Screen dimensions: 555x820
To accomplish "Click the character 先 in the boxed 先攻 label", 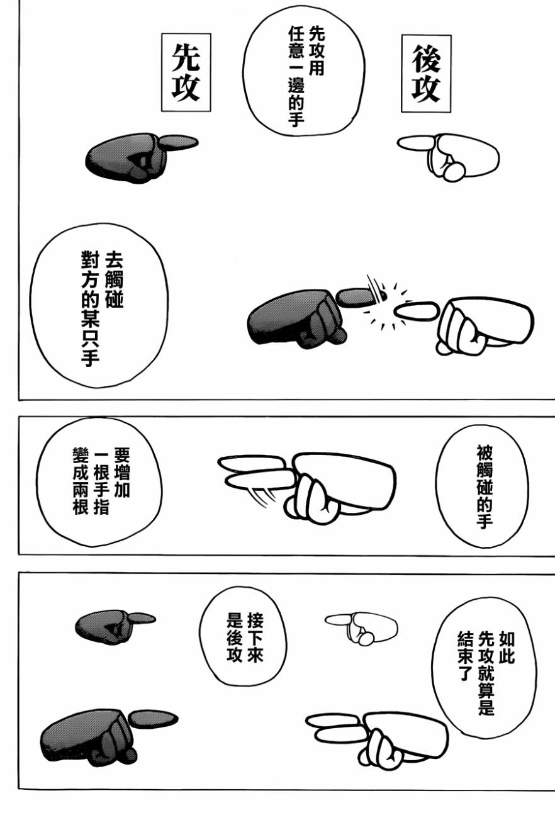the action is pyautogui.click(x=186, y=57).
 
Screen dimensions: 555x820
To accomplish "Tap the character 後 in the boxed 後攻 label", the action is pyautogui.click(x=426, y=59).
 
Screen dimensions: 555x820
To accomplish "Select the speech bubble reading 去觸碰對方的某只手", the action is pyautogui.click(x=99, y=306).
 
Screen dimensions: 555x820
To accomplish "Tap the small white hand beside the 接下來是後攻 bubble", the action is pyautogui.click(x=362, y=628).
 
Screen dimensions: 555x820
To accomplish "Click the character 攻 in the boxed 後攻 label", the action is pyautogui.click(x=426, y=89).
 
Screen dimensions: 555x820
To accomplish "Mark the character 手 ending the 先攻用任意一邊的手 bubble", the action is pyautogui.click(x=296, y=118).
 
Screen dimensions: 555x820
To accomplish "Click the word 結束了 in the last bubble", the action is pyautogui.click(x=464, y=656).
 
